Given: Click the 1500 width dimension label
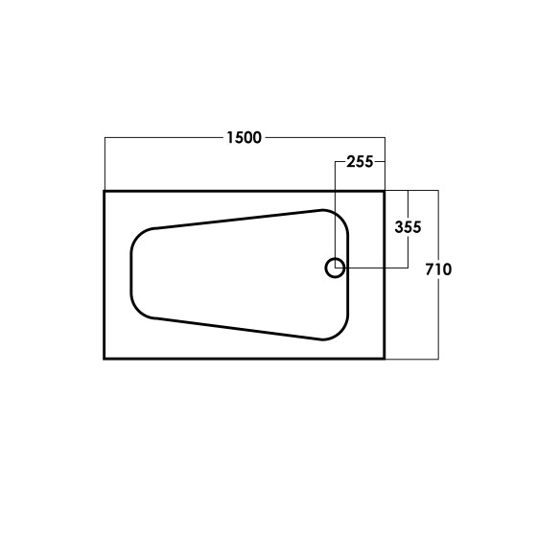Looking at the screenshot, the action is pyautogui.click(x=245, y=138).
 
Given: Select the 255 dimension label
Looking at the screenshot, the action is pyautogui.click(x=360, y=162).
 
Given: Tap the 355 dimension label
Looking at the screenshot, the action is pyautogui.click(x=408, y=227).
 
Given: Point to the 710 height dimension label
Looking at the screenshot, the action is pyautogui.click(x=438, y=269).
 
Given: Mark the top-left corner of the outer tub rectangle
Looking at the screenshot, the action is pyautogui.click(x=105, y=191).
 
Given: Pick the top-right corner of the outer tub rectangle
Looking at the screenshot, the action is pyautogui.click(x=385, y=191).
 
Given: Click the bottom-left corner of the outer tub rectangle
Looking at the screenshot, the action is pyautogui.click(x=105, y=359).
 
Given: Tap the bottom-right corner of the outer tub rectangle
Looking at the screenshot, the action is pyautogui.click(x=385, y=359).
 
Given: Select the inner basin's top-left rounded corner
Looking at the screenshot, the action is pyautogui.click(x=137, y=237).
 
